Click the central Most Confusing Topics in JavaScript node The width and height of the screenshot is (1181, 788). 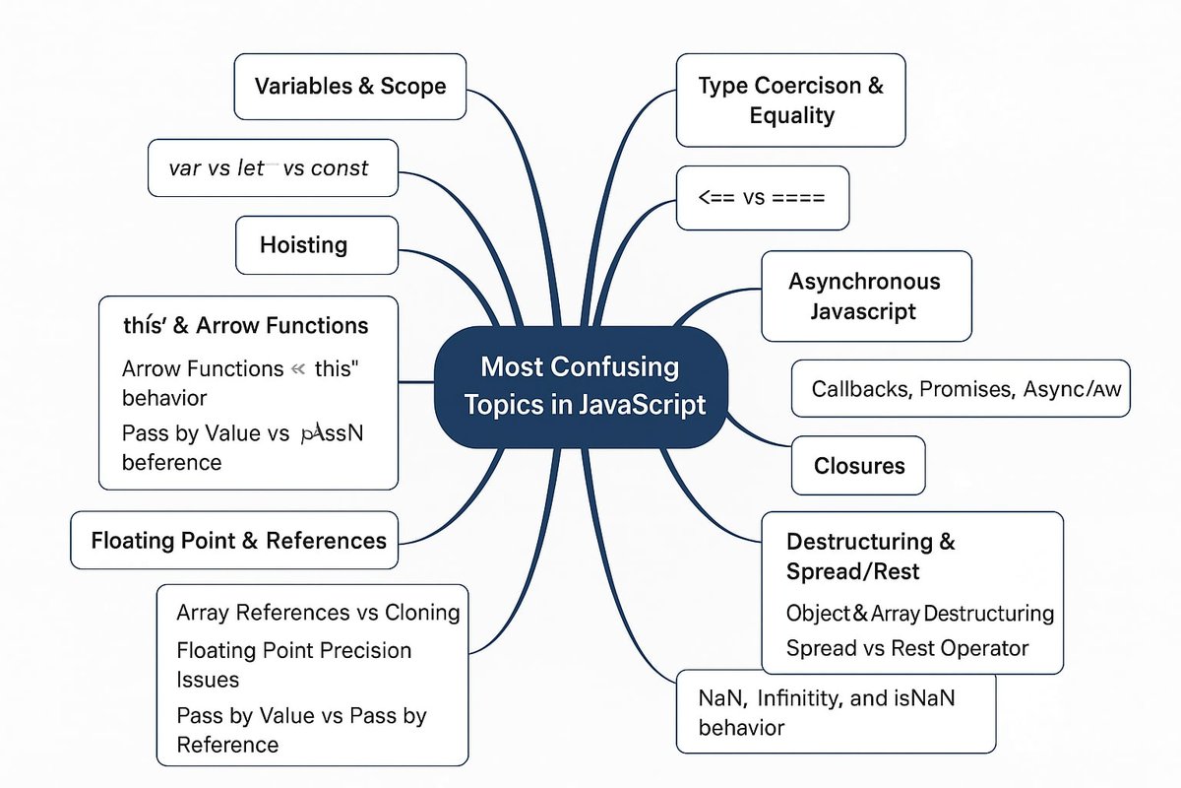pyautogui.click(x=581, y=386)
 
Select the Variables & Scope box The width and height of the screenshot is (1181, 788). pyautogui.click(x=349, y=87)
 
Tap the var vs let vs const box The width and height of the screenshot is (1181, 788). pyautogui.click(x=273, y=168)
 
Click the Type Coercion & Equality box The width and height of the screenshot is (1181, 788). pyautogui.click(x=790, y=100)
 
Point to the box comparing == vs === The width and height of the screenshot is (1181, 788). pyautogui.click(x=763, y=197)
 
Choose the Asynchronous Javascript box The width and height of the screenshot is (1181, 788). pyautogui.click(x=865, y=296)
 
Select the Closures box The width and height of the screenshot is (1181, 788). pyautogui.click(x=858, y=465)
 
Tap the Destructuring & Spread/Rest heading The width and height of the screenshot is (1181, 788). pyautogui.click(x=870, y=556)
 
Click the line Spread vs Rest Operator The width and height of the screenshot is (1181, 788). pyautogui.click(x=906, y=648)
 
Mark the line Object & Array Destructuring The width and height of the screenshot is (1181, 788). pyautogui.click(x=919, y=614)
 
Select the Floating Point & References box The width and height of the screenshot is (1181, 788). pyautogui.click(x=238, y=540)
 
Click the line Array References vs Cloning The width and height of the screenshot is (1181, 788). pyautogui.click(x=318, y=613)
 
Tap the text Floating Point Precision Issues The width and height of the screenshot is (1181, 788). pyautogui.click(x=293, y=664)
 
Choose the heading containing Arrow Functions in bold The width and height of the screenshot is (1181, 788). pyautogui.click(x=246, y=325)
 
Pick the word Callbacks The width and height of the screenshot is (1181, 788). pyautogui.click(x=859, y=389)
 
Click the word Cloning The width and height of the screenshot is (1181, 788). pyautogui.click(x=422, y=613)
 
